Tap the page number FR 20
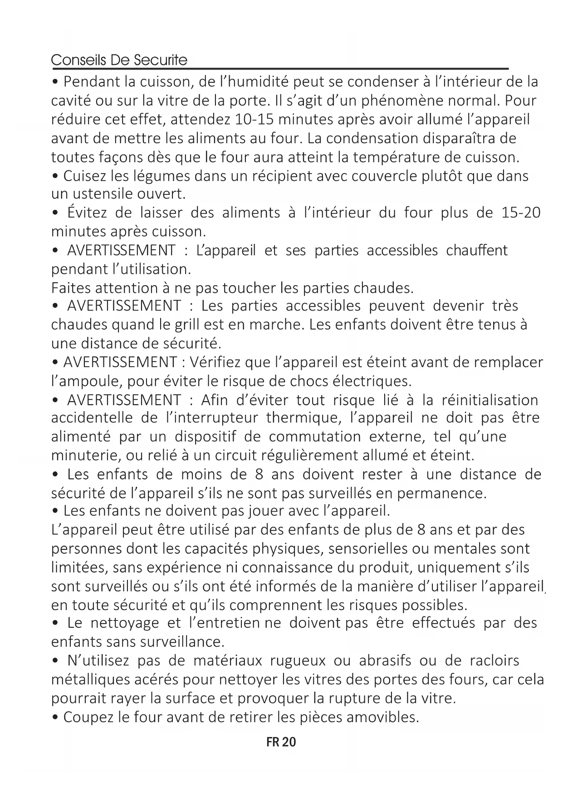point(281,742)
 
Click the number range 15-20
point(521,213)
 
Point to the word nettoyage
point(124,623)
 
